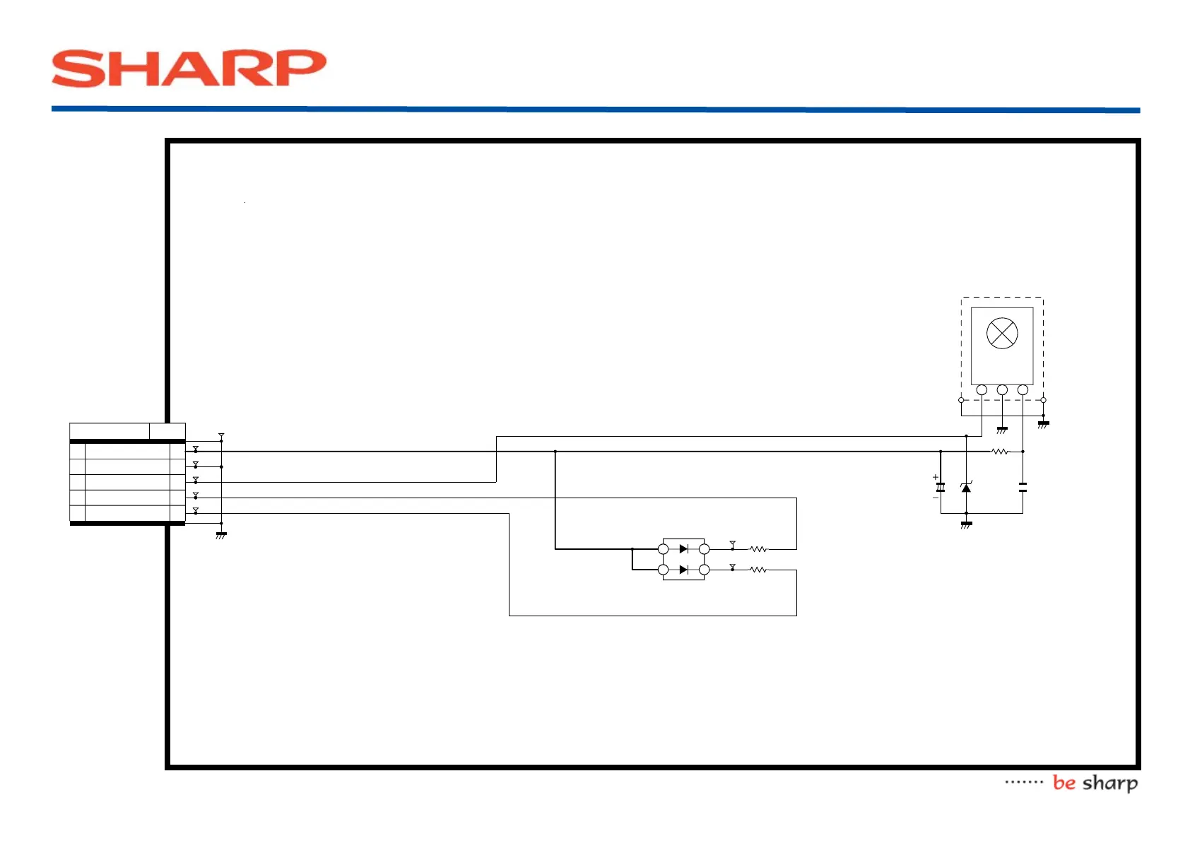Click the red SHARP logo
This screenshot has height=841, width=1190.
[x=189, y=69]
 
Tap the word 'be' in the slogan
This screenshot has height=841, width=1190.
[x=1064, y=782]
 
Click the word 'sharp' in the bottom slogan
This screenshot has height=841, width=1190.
[x=1110, y=783]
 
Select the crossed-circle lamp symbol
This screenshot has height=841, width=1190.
[x=1001, y=334]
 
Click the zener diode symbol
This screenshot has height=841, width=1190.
[x=966, y=488]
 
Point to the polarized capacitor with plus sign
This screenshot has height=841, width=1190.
[x=941, y=488]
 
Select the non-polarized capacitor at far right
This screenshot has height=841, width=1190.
[x=1023, y=487]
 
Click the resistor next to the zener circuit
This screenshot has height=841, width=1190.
[x=1000, y=451]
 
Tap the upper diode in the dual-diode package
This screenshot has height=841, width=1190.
[x=683, y=548]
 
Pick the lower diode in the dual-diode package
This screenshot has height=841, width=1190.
[x=683, y=570]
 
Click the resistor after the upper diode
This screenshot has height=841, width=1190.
[x=758, y=548]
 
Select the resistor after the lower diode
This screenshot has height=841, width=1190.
[x=758, y=570]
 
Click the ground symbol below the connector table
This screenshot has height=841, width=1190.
[x=221, y=535]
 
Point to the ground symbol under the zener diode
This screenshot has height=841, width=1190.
[x=966, y=524]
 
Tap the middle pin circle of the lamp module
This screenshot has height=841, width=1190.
[x=1002, y=390]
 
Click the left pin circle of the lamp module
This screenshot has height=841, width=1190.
[x=982, y=390]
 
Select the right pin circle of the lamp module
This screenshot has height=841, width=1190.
[x=1023, y=390]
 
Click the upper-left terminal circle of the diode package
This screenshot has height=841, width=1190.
[x=663, y=549]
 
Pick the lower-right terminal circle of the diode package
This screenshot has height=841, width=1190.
[x=704, y=570]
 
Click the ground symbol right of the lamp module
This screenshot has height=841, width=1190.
[x=1043, y=424]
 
